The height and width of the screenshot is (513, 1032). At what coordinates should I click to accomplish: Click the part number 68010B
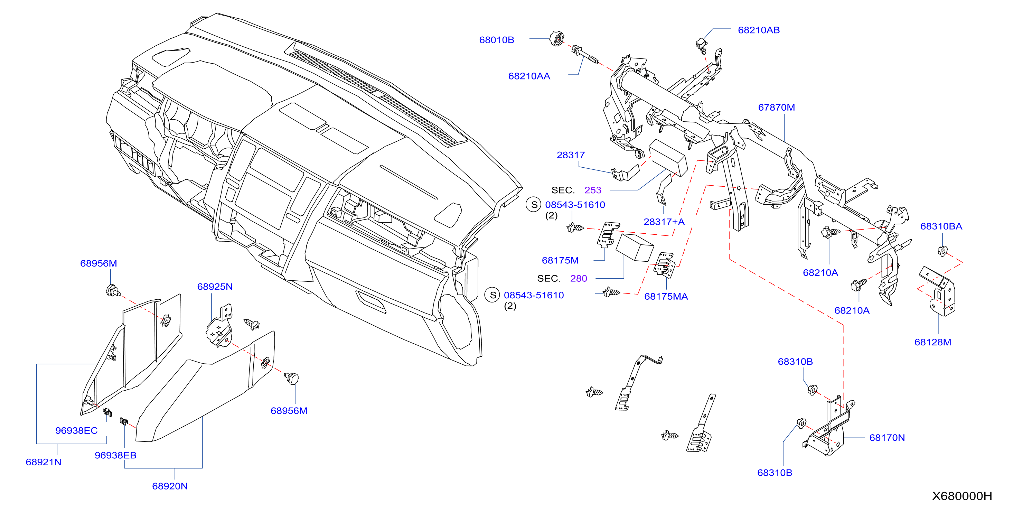(x=496, y=40)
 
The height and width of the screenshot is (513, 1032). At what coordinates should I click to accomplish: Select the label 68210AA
(x=529, y=76)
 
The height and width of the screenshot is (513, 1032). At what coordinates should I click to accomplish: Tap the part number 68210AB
(x=758, y=30)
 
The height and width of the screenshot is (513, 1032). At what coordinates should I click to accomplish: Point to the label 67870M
(x=776, y=108)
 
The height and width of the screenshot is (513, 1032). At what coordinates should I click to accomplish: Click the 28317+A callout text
(x=664, y=222)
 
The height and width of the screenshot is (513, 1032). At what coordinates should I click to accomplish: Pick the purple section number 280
(x=579, y=279)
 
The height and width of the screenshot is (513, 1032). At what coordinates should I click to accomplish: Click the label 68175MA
(x=666, y=297)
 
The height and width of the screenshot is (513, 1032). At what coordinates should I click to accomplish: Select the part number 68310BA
(x=941, y=226)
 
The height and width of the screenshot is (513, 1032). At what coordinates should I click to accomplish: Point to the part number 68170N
(x=886, y=438)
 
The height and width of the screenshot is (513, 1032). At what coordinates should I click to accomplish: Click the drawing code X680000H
(x=961, y=496)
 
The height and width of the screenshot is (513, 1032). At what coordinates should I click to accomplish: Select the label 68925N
(x=215, y=287)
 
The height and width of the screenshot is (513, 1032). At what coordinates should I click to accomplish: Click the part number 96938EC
(x=76, y=430)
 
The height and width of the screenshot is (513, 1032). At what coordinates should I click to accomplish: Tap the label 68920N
(x=169, y=486)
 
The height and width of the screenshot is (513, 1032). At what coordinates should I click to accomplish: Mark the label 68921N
(x=43, y=462)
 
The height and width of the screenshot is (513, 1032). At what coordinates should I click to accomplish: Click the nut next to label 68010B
(x=557, y=39)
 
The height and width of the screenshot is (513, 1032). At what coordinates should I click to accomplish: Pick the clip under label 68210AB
(x=702, y=46)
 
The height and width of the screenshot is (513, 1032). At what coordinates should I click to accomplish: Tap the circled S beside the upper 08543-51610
(x=534, y=204)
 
